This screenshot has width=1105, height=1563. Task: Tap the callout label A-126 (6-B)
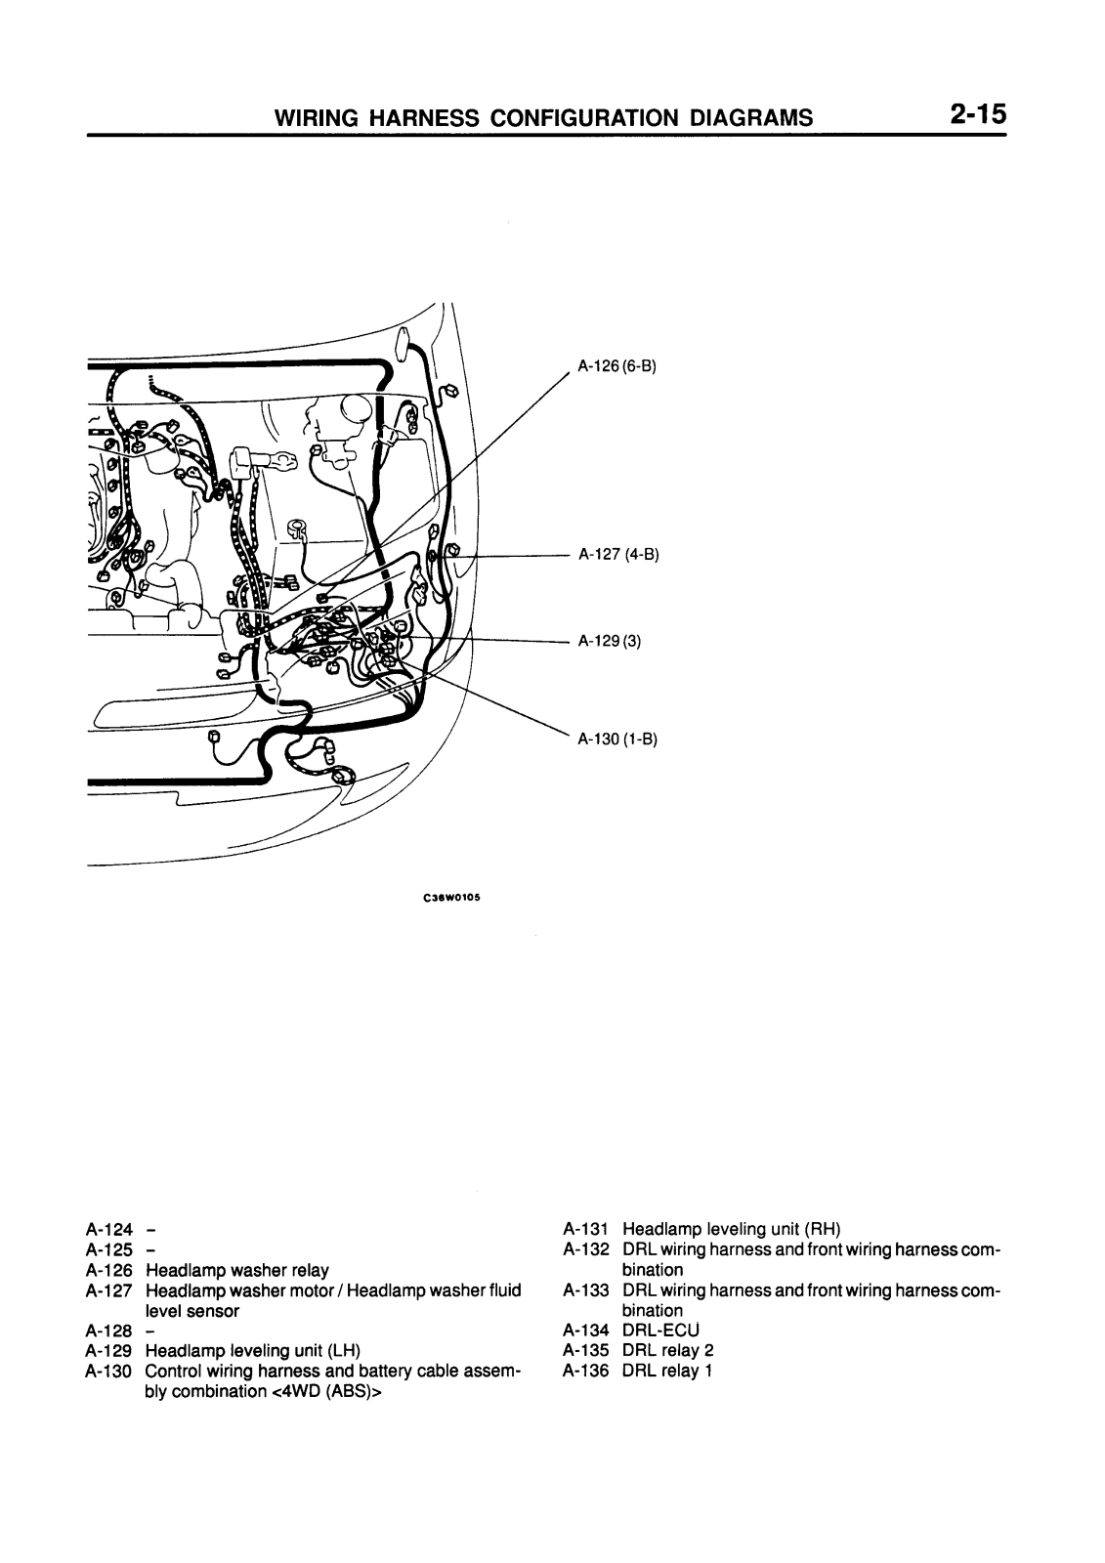pyautogui.click(x=616, y=367)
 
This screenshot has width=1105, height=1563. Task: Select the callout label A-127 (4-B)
pyautogui.click(x=618, y=555)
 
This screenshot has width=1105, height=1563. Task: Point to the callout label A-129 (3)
pyautogui.click(x=609, y=642)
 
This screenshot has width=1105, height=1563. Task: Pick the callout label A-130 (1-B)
pyautogui.click(x=617, y=739)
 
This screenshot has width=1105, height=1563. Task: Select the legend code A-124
pyautogui.click(x=108, y=1230)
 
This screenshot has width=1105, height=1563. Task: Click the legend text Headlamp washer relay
pyautogui.click(x=236, y=1270)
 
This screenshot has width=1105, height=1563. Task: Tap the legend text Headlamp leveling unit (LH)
pyautogui.click(x=252, y=1351)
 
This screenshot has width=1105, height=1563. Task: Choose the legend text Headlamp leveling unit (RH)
pyautogui.click(x=731, y=1229)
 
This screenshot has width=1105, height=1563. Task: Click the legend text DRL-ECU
pyautogui.click(x=660, y=1331)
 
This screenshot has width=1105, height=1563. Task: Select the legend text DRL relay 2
pyautogui.click(x=667, y=1351)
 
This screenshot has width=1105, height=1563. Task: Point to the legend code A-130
pyautogui.click(x=108, y=1372)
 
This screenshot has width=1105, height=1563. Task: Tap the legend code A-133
pyautogui.click(x=586, y=1290)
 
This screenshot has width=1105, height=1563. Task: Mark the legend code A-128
pyautogui.click(x=108, y=1331)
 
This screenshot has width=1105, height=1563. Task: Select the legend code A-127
pyautogui.click(x=108, y=1290)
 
